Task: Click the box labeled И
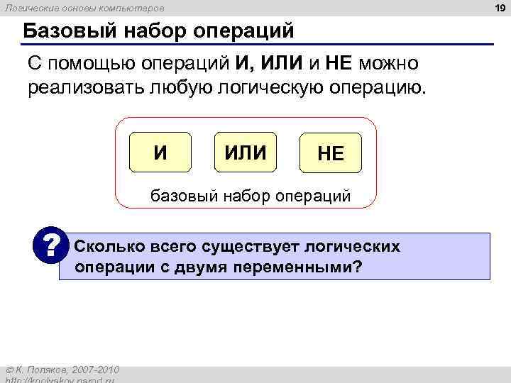(161, 152)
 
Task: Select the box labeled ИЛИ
(245, 152)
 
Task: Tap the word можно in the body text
(390, 65)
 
